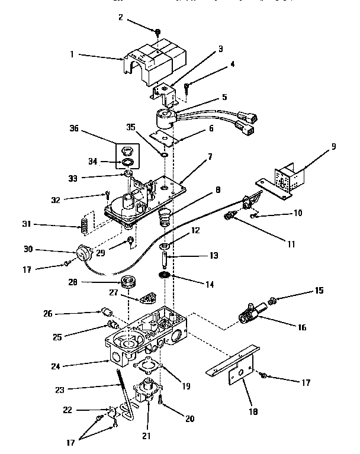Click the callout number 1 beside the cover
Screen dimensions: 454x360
click(x=72, y=54)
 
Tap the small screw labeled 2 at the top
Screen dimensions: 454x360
click(x=158, y=31)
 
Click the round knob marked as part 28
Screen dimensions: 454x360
click(x=126, y=281)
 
